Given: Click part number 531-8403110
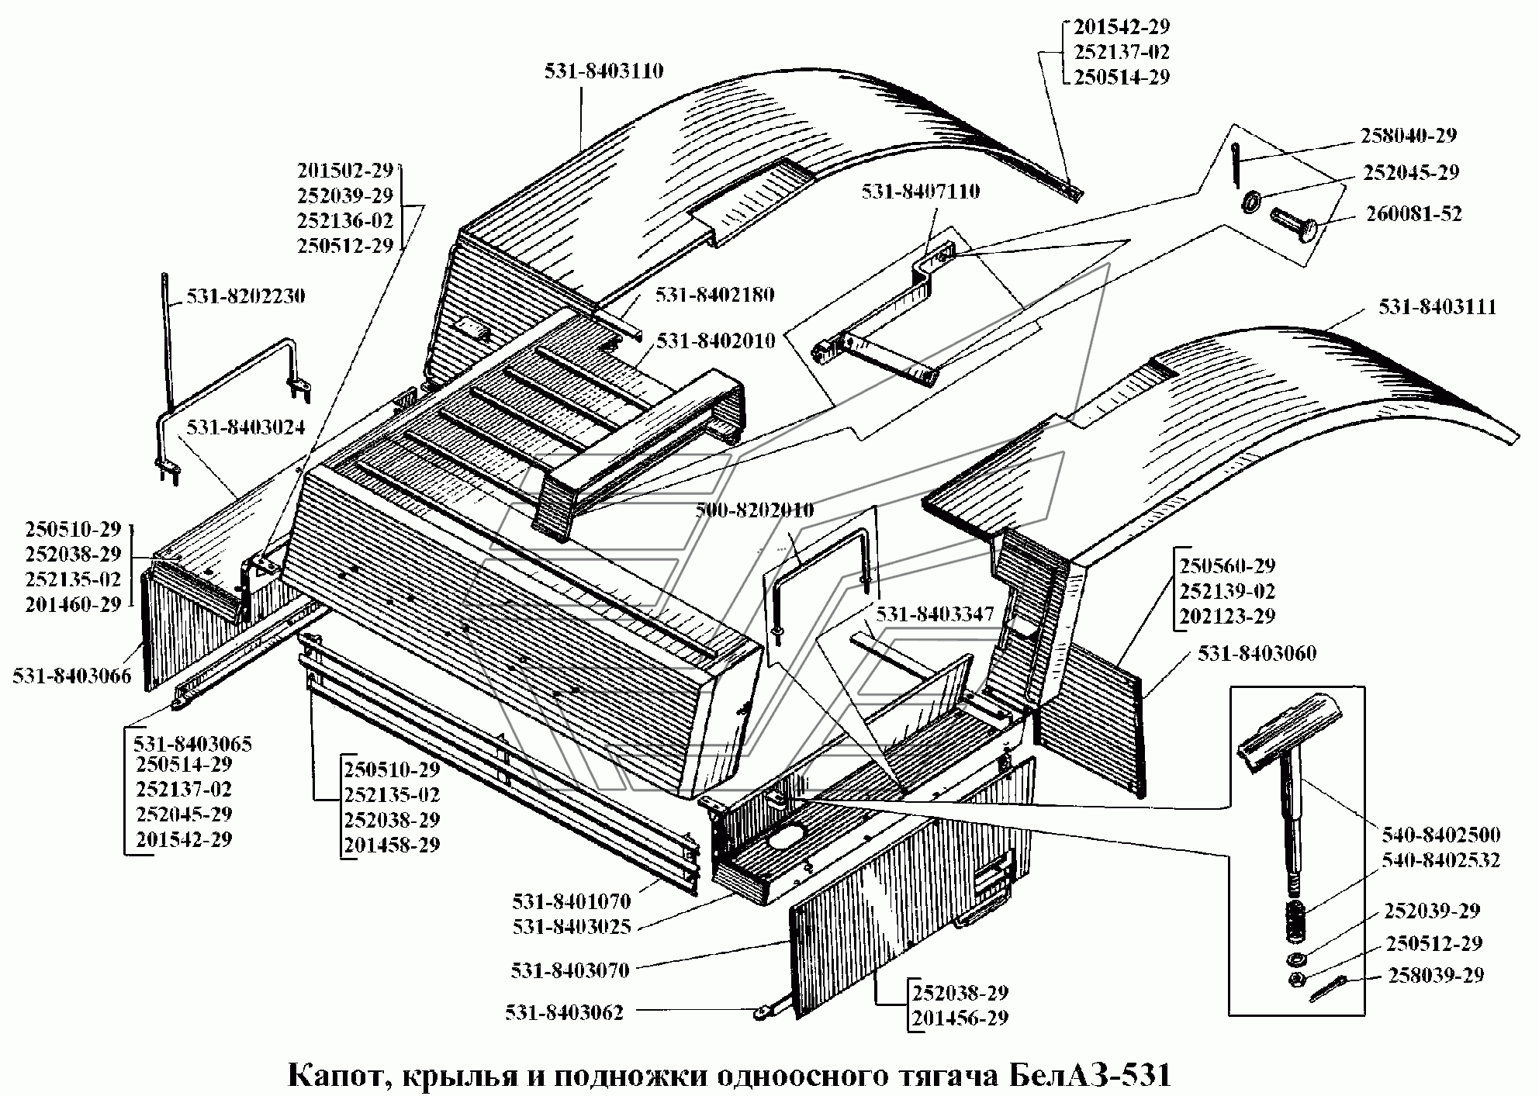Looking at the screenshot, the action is click(604, 71).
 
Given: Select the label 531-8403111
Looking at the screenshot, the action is click(1437, 307).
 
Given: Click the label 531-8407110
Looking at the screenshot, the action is click(921, 192).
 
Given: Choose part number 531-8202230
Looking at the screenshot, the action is click(245, 296).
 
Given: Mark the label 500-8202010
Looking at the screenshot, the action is click(755, 510).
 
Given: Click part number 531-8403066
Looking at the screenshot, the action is click(71, 676).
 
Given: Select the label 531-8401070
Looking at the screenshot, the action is click(572, 901).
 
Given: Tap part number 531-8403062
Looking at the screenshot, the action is click(564, 1013).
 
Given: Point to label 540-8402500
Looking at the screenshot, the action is click(1441, 835).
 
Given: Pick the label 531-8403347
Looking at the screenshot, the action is click(936, 614).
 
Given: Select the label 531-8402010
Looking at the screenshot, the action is click(716, 341).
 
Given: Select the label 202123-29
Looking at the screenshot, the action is click(1227, 616).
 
